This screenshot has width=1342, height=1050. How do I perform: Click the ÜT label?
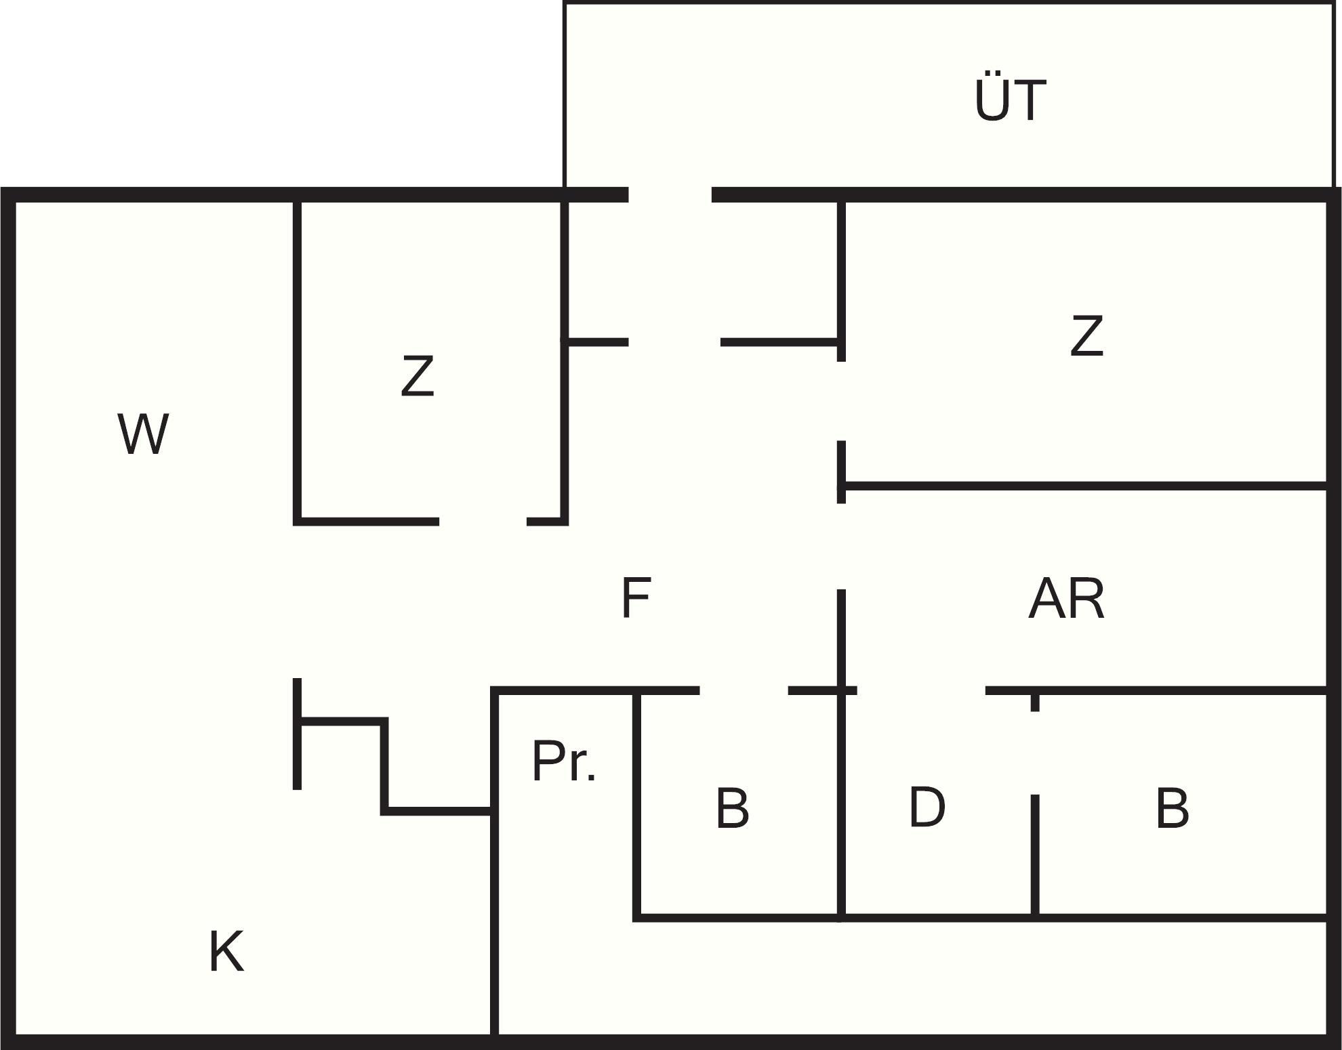pyautogui.click(x=1009, y=100)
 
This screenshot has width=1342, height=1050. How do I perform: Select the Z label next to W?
pyautogui.click(x=417, y=376)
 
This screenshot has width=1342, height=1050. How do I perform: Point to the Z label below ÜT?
pyautogui.click(x=1086, y=336)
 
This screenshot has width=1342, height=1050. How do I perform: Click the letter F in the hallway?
pyautogui.click(x=636, y=597)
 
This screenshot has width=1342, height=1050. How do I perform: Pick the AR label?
pyautogui.click(x=1066, y=599)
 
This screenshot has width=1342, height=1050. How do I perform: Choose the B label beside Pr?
pyautogui.click(x=732, y=807)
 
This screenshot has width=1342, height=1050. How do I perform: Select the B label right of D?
pyautogui.click(x=1172, y=807)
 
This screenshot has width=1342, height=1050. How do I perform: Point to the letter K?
pyautogui.click(x=226, y=952)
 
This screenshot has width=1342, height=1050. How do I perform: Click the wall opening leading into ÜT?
pyautogui.click(x=670, y=195)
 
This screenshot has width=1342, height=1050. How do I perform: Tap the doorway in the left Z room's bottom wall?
pyautogui.click(x=483, y=521)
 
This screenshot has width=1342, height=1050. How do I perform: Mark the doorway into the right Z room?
pyautogui.click(x=841, y=401)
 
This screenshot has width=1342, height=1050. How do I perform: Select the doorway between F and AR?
pyautogui.click(x=841, y=546)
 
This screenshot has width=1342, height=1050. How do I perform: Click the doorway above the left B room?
pyautogui.click(x=744, y=690)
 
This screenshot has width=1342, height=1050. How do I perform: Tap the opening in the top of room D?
pyautogui.click(x=920, y=690)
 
